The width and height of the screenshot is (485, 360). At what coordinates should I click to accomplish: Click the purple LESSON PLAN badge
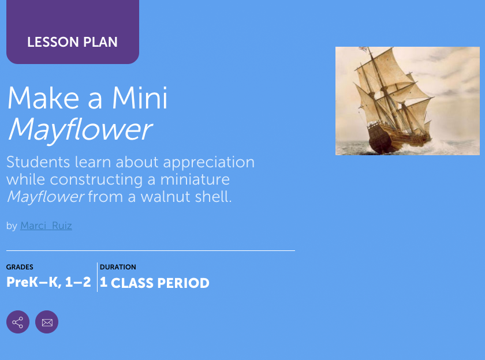[x=72, y=42]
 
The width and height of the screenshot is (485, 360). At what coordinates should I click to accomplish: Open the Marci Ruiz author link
[x=46, y=226]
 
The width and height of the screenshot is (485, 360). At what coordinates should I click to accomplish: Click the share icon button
[x=18, y=322]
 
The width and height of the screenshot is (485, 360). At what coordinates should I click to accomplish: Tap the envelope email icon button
[x=47, y=322]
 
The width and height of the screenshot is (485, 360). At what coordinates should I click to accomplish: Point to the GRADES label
[x=20, y=267]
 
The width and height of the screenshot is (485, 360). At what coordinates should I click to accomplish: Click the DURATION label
[x=118, y=267]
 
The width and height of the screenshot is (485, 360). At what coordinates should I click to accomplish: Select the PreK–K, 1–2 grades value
[x=48, y=283]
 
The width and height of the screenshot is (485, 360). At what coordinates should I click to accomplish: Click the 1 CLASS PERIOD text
[x=154, y=283]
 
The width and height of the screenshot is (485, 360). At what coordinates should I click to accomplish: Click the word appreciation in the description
[x=208, y=162]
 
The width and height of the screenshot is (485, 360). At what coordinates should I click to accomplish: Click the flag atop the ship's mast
[x=363, y=50]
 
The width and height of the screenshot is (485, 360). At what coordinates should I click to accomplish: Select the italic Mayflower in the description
[x=45, y=197]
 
